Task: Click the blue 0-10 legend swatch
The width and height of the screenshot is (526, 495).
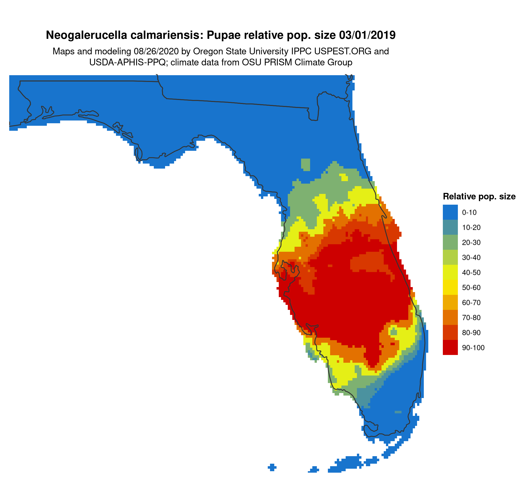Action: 450,212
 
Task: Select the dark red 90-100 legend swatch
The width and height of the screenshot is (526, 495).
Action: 450,347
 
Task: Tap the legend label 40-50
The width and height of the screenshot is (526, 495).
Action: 471,273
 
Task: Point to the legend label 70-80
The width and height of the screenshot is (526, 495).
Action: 471,317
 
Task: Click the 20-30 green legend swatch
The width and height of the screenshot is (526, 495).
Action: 450,242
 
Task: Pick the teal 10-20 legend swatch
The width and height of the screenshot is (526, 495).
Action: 450,227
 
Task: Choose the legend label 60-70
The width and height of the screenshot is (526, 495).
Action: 471,302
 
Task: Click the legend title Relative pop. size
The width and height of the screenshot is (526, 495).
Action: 479,197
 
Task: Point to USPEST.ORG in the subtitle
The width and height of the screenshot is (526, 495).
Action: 343,51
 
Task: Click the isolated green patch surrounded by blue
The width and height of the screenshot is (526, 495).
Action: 306,165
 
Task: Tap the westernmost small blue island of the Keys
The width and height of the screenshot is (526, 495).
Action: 272,467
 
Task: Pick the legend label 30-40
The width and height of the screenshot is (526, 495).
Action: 471,258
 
